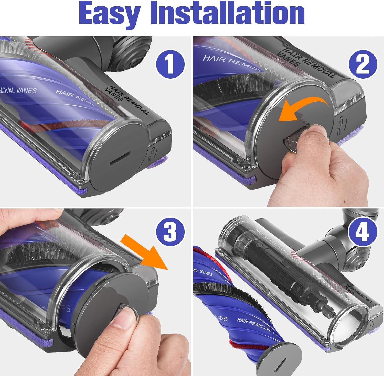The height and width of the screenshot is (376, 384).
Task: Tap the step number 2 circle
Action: click(x=363, y=62)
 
